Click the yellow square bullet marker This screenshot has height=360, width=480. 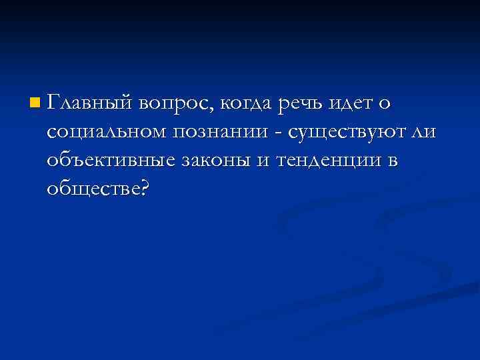click(35, 103)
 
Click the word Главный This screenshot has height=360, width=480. click(91, 105)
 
